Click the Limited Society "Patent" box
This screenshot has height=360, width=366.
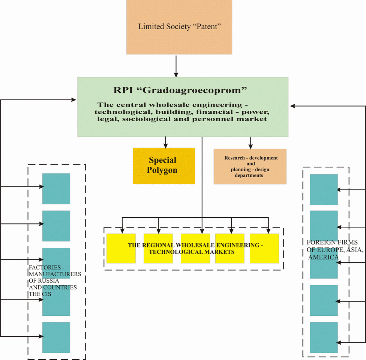tap(179, 27)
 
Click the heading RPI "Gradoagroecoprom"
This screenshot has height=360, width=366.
tap(180, 90)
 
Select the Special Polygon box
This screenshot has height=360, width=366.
tap(164, 166)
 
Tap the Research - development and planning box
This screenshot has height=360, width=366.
tap(250, 167)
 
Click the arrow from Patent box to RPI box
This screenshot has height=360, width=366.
tap(176, 66)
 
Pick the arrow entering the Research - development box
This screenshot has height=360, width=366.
tap(250, 143)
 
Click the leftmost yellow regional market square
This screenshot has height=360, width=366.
tap(121, 249)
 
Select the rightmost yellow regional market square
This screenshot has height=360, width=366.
tap(264, 249)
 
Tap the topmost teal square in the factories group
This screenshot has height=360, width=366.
tap(56, 189)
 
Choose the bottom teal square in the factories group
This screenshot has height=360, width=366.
tap(56, 337)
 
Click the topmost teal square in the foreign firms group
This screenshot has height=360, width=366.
tap(324, 190)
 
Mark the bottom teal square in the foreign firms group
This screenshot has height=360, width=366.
tap(324, 337)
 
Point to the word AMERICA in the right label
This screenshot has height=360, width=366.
tap(323, 258)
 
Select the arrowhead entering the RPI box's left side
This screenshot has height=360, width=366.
tap(73, 100)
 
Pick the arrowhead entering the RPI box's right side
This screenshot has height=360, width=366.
tap(293, 106)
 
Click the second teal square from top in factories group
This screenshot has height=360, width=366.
tap(56, 226)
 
